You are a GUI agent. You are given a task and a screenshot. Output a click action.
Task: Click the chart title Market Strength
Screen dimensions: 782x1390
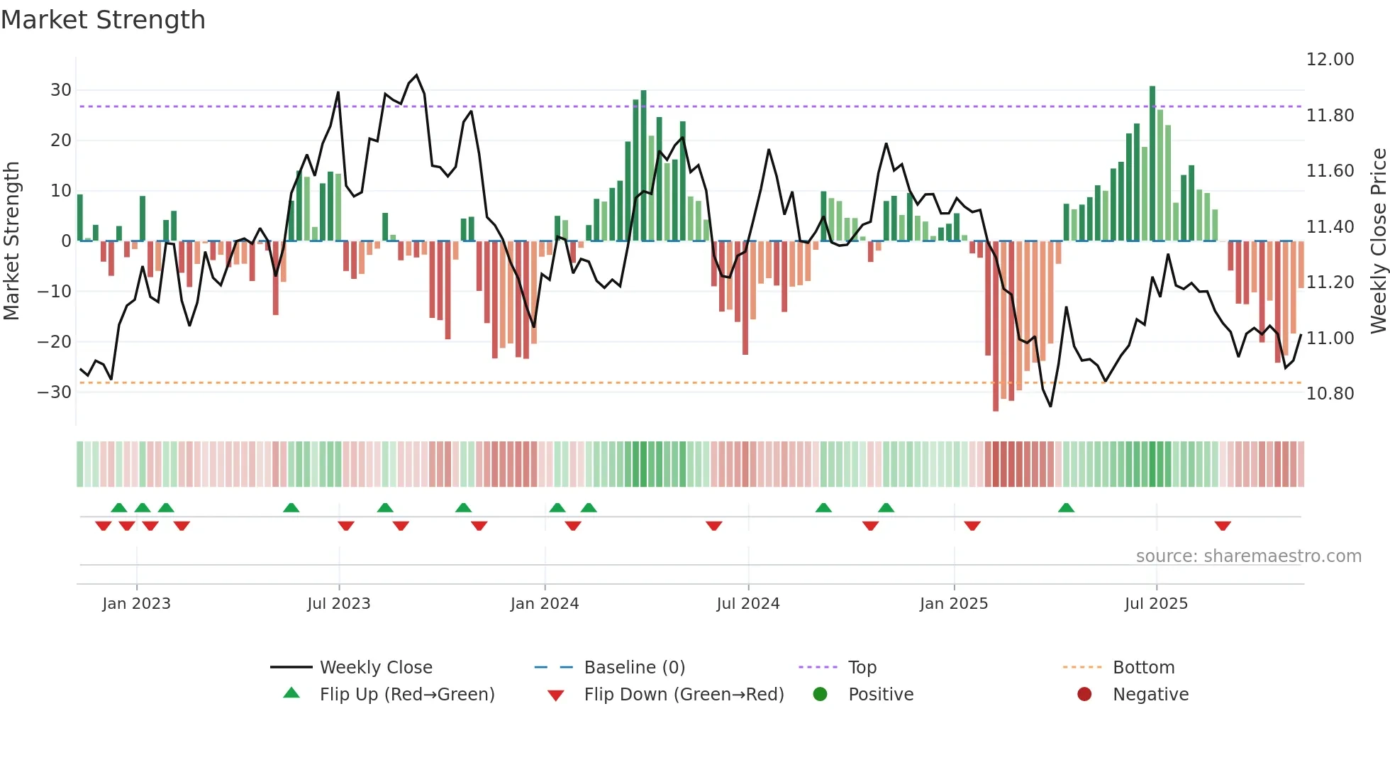pos(104,20)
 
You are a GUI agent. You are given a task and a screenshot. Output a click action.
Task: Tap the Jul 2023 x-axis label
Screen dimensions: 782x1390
pos(339,604)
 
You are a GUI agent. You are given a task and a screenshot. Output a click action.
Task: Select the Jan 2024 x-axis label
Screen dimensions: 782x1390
pos(545,604)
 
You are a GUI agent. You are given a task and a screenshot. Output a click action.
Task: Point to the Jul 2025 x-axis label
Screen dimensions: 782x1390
pos(1156,604)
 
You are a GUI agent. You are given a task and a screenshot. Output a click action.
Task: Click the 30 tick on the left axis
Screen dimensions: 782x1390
pos(61,90)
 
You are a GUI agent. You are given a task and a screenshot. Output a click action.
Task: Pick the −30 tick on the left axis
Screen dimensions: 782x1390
pos(55,392)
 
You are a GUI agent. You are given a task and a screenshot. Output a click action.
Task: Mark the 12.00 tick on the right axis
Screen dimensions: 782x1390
pos(1330,60)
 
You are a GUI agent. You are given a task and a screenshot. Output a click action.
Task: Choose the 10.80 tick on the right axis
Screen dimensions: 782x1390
pos(1330,394)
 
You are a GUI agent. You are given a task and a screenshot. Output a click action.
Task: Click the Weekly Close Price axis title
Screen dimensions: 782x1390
pos(1378,241)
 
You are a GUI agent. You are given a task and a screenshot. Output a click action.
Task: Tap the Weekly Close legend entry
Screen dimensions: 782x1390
pos(376,668)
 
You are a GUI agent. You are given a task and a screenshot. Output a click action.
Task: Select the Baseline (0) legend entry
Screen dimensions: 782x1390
pos(635,668)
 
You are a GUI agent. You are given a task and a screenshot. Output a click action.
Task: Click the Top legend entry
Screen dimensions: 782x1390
pos(862,668)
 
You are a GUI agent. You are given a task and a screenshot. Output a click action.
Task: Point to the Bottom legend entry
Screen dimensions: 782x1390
pos(1143,668)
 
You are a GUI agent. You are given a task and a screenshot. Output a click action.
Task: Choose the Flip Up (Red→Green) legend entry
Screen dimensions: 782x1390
pos(407,695)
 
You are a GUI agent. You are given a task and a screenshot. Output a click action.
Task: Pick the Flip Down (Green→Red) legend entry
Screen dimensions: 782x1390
pos(684,695)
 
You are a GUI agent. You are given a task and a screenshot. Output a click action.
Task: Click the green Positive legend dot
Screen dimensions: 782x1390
pos(821,695)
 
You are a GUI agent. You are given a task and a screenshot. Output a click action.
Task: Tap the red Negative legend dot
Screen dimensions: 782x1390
pos(1084,695)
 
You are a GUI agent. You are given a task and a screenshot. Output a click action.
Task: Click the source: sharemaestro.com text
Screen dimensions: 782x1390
pos(1248,556)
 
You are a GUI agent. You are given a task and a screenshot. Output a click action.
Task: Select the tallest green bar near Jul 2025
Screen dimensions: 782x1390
pos(1152,163)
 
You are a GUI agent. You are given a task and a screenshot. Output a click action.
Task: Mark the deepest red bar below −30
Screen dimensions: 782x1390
pos(996,326)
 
